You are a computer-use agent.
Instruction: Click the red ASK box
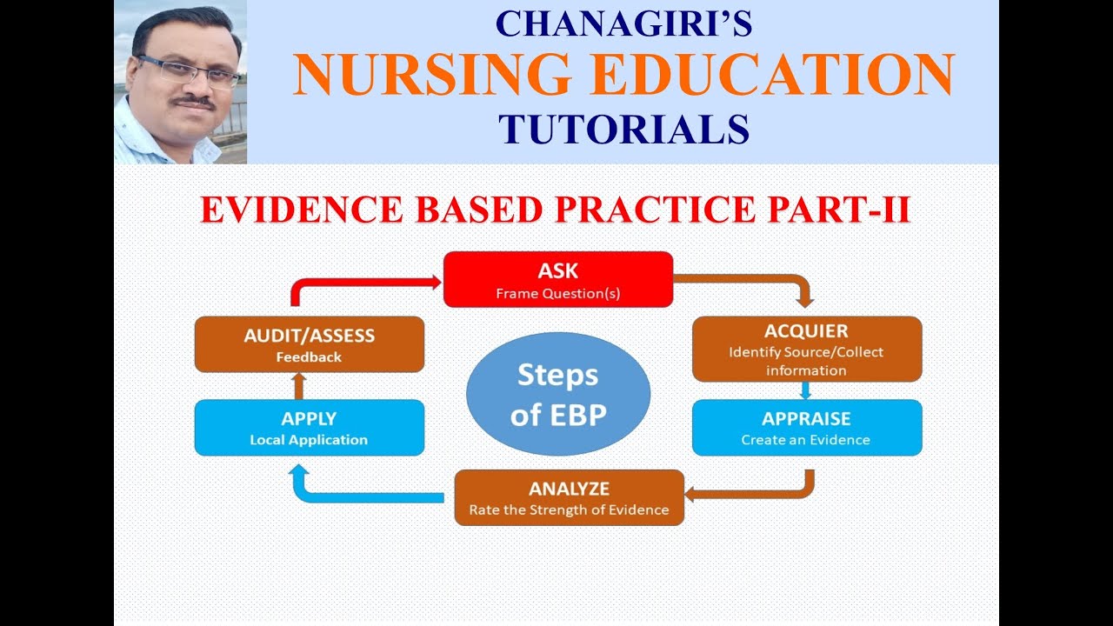[x=557, y=279]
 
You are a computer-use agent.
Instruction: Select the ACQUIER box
[x=806, y=349]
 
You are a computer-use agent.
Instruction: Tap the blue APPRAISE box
[x=806, y=428]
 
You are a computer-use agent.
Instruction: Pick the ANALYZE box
[x=569, y=497]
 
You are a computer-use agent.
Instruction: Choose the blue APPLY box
[x=309, y=428]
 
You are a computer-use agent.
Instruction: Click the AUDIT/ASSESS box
[x=309, y=344]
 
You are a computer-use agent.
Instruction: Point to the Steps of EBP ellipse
[x=557, y=394]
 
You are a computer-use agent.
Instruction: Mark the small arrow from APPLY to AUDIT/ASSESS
[x=298, y=385]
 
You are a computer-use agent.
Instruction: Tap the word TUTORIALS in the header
[x=623, y=129]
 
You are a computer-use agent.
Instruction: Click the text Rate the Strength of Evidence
[x=569, y=510]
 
